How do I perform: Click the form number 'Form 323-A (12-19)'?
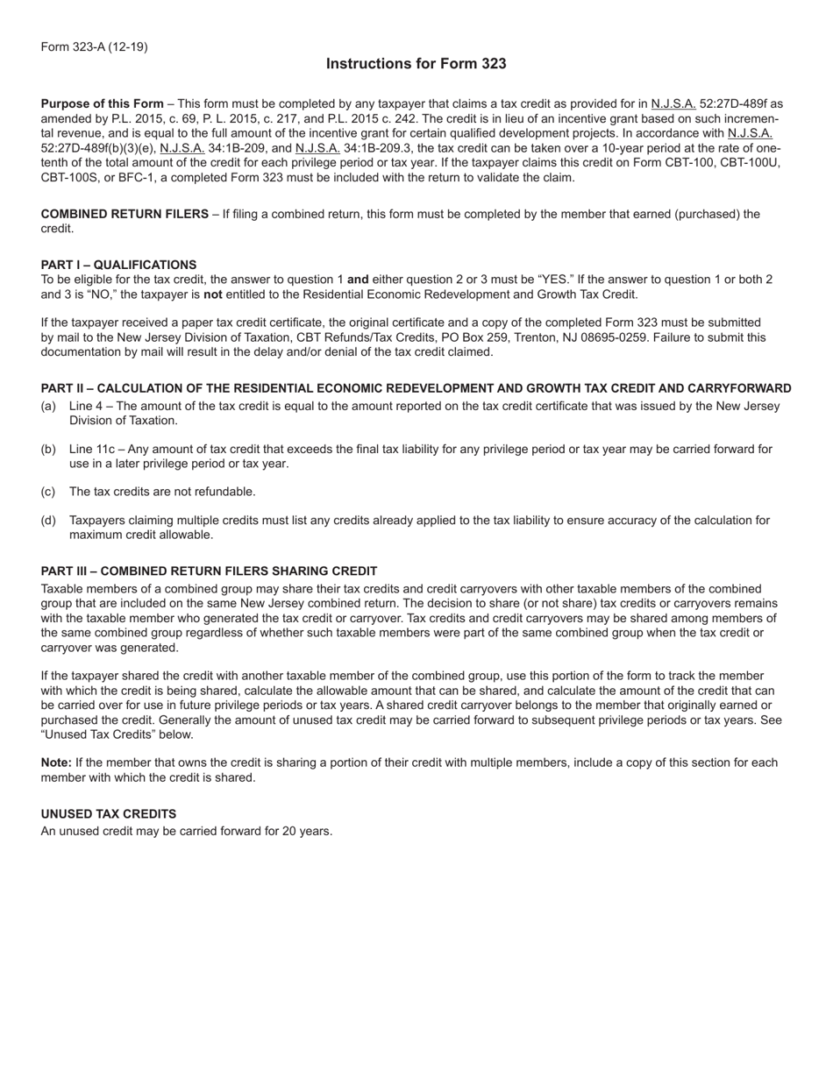pyautogui.click(x=94, y=46)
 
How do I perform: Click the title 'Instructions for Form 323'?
pyautogui.click(x=416, y=64)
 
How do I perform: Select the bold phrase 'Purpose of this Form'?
pyautogui.click(x=102, y=104)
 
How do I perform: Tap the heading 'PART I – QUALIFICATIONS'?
pyautogui.click(x=118, y=265)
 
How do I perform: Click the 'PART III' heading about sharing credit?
pyautogui.click(x=209, y=571)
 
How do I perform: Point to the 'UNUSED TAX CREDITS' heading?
pyautogui.click(x=108, y=813)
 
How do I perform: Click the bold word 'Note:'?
pyautogui.click(x=56, y=762)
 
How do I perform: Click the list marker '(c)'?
pyautogui.click(x=48, y=492)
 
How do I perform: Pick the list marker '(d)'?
pyautogui.click(x=48, y=521)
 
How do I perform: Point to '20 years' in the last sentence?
pyautogui.click(x=307, y=831)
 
